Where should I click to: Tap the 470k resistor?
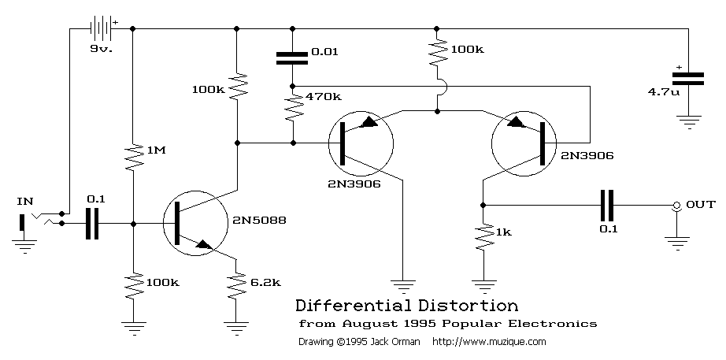point(292,106)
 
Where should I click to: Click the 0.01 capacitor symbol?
point(292,57)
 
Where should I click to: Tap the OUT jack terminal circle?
point(676,206)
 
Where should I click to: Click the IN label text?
point(25,202)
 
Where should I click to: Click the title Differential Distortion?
point(406,306)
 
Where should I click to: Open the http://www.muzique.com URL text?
point(489,343)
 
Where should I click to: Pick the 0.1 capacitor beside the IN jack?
point(92,224)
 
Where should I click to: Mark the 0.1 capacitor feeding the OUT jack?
point(606,206)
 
